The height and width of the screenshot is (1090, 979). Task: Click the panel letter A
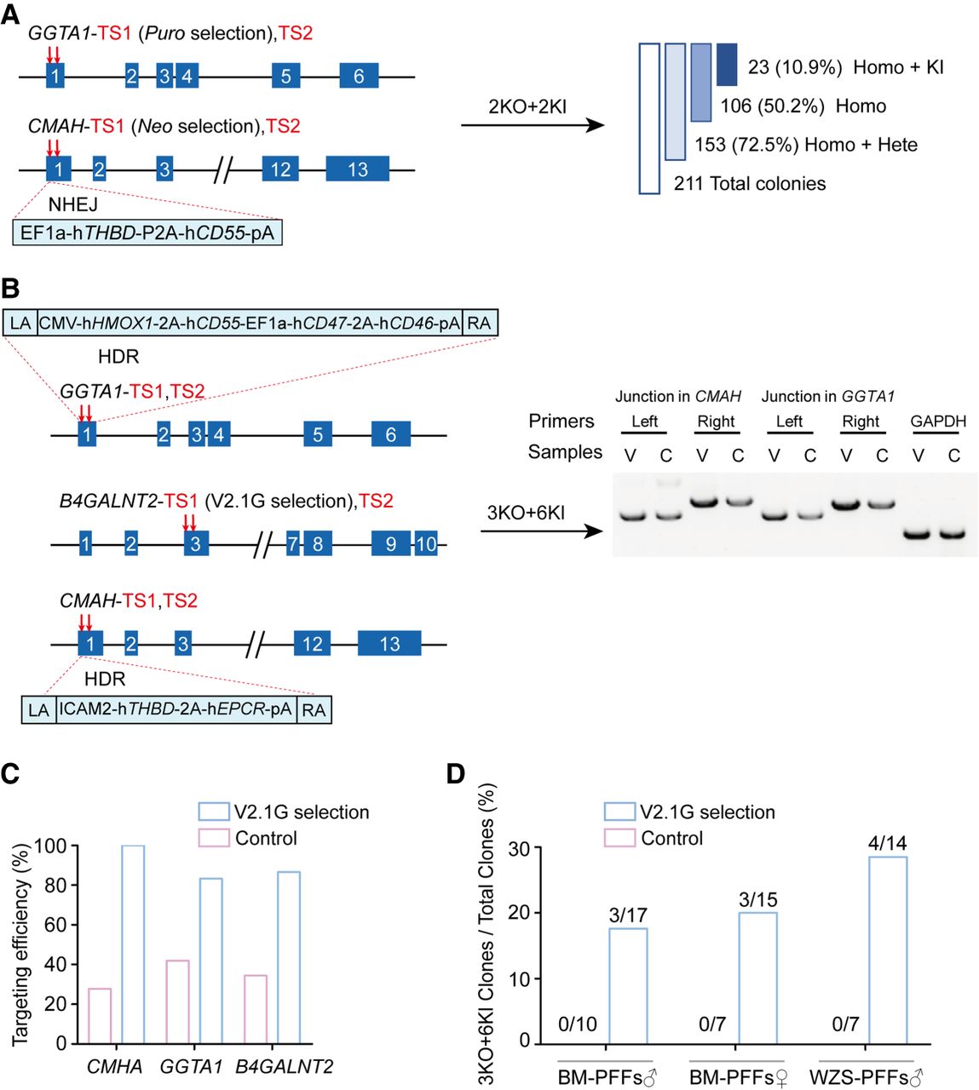tap(10, 15)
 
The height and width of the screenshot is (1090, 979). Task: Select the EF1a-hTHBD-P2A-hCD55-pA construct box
tap(147, 232)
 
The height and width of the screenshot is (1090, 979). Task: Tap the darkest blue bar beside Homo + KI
tap(727, 65)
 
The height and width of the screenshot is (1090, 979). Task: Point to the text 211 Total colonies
tap(750, 183)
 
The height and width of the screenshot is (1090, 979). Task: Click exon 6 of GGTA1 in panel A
tap(359, 76)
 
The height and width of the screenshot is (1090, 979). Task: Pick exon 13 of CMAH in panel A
tap(357, 169)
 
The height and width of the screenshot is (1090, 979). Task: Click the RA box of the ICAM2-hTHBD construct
tap(314, 709)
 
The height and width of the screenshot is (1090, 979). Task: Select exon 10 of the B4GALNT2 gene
tap(426, 543)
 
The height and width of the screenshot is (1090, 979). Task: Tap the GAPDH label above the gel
tap(938, 422)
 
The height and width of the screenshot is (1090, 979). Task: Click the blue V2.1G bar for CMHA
tap(133, 944)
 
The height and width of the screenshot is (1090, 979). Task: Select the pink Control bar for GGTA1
tap(176, 1001)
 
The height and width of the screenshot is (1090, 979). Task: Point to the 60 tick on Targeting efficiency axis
tap(61, 925)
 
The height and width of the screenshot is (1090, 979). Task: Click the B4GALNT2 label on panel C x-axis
tap(284, 1066)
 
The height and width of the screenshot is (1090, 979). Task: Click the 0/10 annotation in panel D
tap(578, 1024)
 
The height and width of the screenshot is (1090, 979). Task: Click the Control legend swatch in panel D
tap(619, 838)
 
